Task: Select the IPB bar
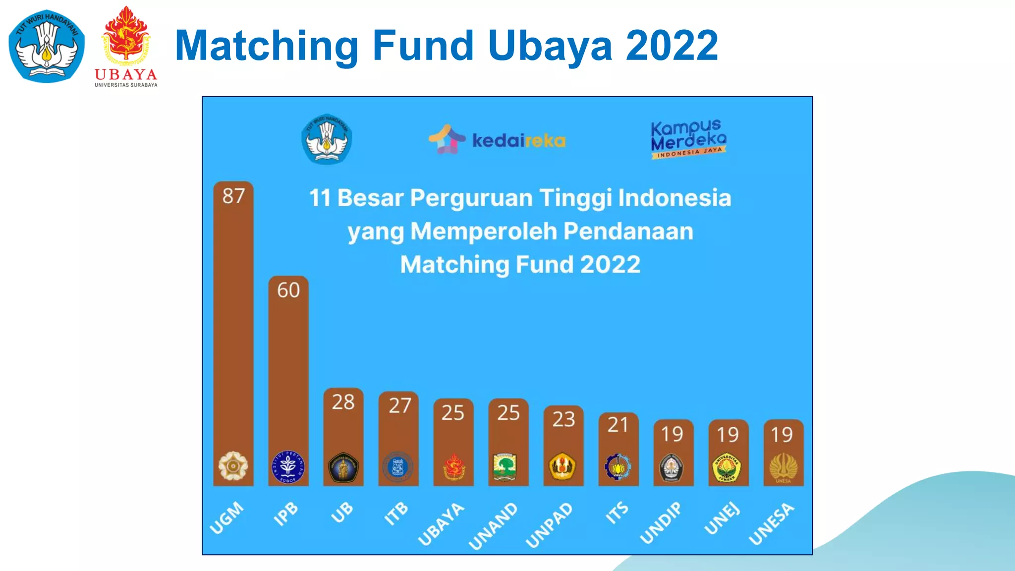point(288,377)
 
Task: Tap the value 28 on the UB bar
point(343,402)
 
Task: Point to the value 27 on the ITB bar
point(399,405)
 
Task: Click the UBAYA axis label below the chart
point(441,524)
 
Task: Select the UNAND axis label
point(493,526)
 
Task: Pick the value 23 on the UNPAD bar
point(564,419)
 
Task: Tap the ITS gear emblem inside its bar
point(618,466)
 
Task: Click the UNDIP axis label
point(660,523)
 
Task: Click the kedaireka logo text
point(518,141)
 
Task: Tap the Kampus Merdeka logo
point(688,139)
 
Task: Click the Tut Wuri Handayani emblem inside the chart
point(327,139)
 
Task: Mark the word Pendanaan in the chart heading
point(628,231)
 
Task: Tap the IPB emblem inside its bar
point(288,467)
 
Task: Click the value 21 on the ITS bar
point(618,425)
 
